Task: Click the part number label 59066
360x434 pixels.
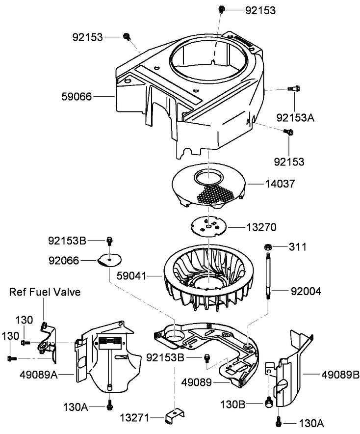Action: pos(76,97)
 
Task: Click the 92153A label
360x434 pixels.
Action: pos(294,118)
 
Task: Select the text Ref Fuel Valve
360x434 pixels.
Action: pos(45,292)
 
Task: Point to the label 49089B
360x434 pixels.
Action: pos(341,375)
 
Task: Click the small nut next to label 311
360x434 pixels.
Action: pos(269,246)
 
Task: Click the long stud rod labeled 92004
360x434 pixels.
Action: pos(269,275)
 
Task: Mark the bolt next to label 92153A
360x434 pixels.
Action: pos(294,89)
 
